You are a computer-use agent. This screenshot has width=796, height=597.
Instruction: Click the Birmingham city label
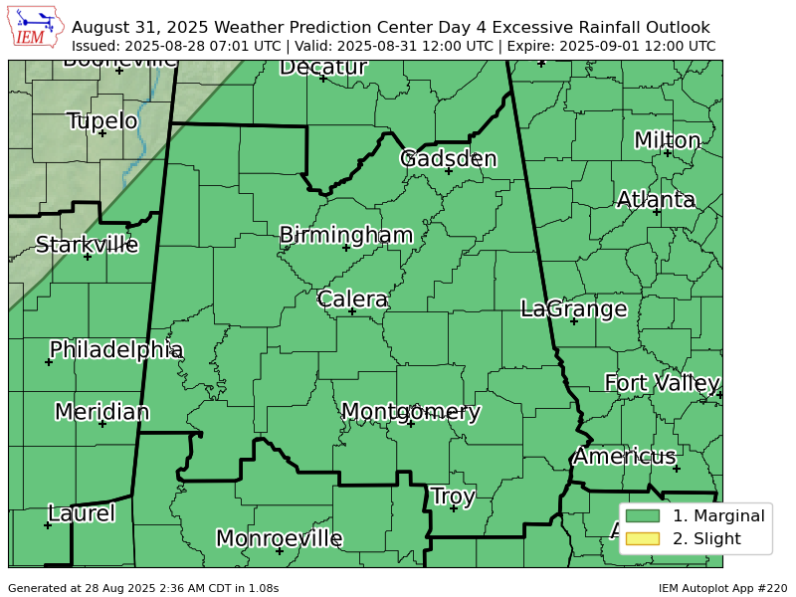[345, 235]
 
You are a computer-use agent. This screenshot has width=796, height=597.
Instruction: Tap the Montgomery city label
[410, 412]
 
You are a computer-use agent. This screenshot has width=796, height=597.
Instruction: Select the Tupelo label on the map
[101, 121]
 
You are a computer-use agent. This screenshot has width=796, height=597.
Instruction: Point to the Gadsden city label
[448, 158]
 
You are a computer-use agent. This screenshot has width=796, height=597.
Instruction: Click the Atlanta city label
[656, 199]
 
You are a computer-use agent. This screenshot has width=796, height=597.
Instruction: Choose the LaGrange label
[573, 308]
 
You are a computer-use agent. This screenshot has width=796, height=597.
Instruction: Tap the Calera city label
[352, 298]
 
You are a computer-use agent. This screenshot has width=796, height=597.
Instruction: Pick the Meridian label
[101, 412]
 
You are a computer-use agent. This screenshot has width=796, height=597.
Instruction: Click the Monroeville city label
[279, 538]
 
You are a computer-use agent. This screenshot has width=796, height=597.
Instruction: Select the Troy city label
[453, 496]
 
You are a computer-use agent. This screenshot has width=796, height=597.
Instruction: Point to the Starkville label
[87, 245]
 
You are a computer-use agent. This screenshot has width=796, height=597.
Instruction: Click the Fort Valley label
[662, 383]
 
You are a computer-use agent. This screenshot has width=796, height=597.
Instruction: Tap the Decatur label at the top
[322, 68]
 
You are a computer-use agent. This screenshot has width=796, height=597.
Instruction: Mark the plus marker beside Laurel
[49, 525]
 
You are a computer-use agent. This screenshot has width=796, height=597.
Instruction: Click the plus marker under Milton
[667, 152]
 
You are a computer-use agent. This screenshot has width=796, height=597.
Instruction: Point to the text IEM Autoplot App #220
[722, 588]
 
